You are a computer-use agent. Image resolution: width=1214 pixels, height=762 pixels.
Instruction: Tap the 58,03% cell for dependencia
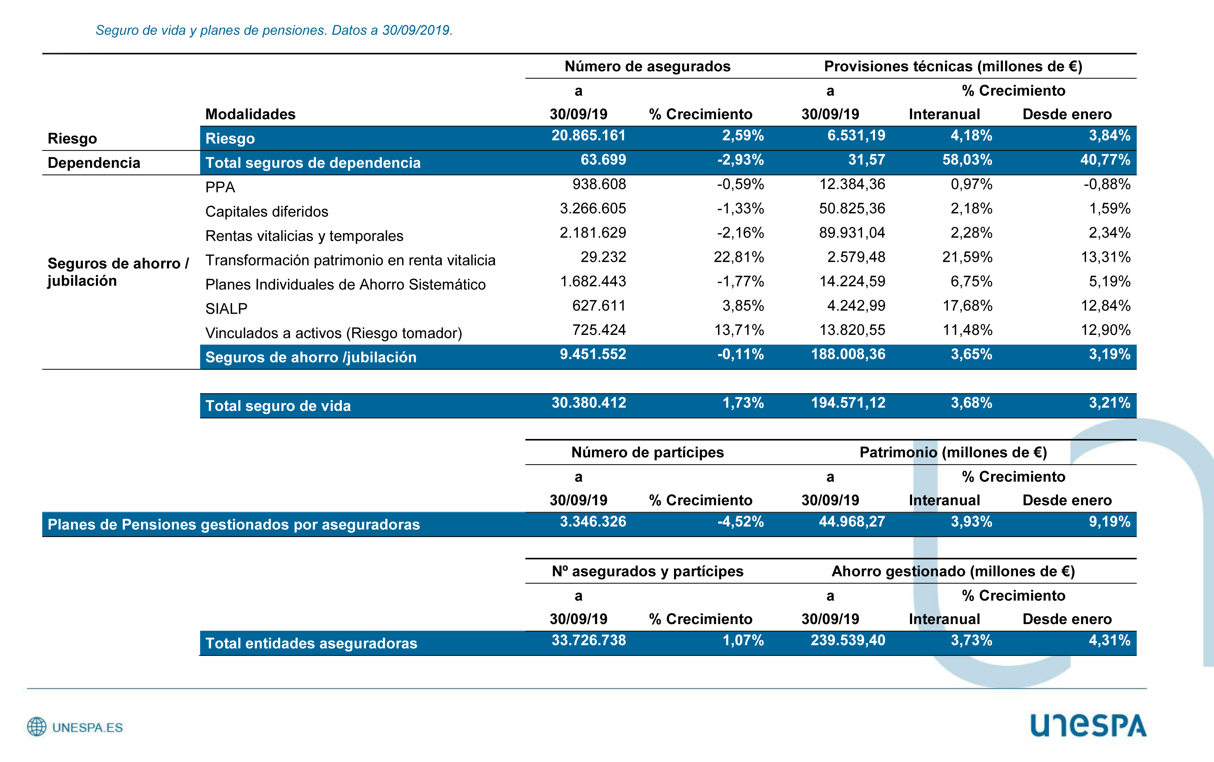point(967,160)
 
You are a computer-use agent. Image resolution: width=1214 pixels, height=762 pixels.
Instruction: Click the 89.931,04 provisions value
point(852,233)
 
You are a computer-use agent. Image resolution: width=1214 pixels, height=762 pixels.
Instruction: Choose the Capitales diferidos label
point(267,212)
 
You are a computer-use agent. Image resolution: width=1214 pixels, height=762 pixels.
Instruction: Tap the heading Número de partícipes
point(647,453)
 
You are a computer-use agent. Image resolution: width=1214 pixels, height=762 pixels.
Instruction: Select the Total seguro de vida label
point(278,406)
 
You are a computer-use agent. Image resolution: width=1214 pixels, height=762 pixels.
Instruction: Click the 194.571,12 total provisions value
point(848,403)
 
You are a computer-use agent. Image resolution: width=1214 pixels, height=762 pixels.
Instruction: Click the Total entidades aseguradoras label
point(311,644)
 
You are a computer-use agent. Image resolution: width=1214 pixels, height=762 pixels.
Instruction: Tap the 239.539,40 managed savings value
point(848,641)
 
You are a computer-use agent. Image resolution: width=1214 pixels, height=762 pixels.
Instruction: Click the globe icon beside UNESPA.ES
point(37,727)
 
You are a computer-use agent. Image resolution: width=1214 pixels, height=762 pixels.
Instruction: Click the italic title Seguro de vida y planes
point(274,30)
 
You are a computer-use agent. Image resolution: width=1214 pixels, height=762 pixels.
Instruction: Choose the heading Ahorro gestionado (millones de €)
point(953,571)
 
